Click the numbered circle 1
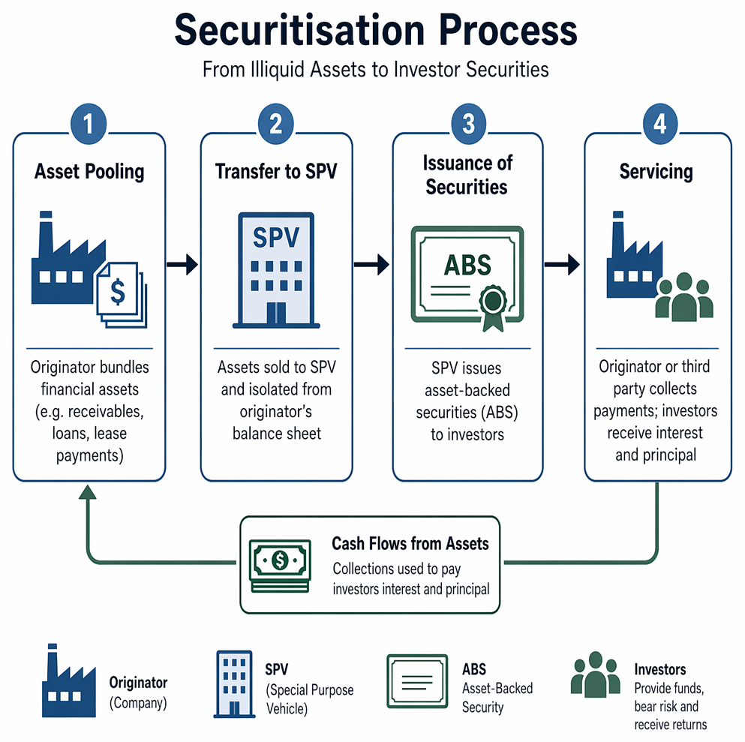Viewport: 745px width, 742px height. click(x=89, y=124)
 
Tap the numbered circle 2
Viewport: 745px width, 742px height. click(x=276, y=124)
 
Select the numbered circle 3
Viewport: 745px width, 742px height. click(x=468, y=124)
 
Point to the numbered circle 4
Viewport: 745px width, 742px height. click(x=660, y=124)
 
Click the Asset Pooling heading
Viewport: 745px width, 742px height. click(x=89, y=172)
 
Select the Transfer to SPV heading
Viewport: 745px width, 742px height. click(x=276, y=172)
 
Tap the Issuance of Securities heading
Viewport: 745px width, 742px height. click(x=467, y=175)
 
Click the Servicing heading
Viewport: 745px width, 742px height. click(x=656, y=172)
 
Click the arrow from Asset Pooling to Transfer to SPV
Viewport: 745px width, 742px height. click(x=182, y=264)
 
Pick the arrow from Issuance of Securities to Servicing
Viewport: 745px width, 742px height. click(x=562, y=264)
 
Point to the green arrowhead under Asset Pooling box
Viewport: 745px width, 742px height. click(x=88, y=492)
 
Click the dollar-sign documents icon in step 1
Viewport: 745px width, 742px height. click(x=122, y=295)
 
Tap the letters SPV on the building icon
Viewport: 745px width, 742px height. click(x=276, y=237)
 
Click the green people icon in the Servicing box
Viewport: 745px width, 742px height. click(x=684, y=296)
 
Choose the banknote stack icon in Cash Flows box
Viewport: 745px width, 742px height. click(x=281, y=566)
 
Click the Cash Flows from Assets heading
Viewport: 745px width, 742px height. click(x=410, y=543)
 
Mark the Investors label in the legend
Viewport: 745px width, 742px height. click(x=660, y=669)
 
